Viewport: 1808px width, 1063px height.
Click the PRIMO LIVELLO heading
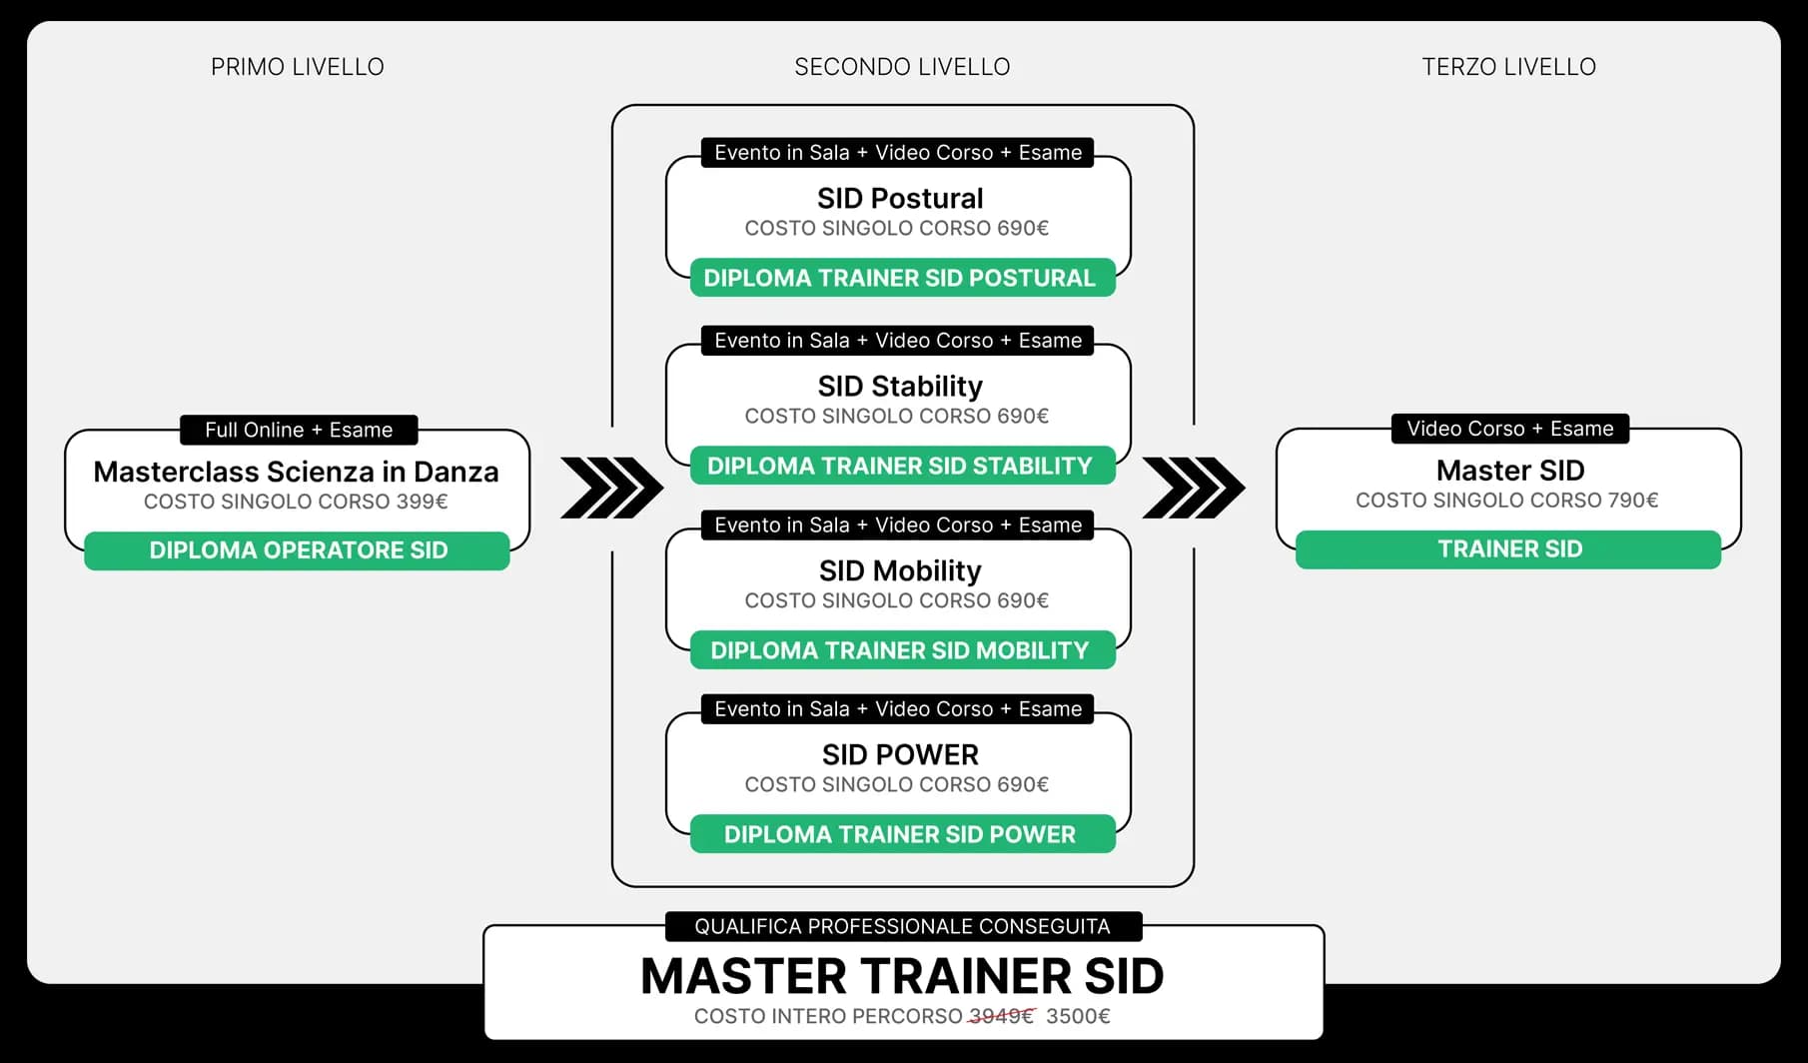click(x=297, y=67)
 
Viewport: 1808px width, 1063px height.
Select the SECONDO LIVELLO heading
click(x=902, y=67)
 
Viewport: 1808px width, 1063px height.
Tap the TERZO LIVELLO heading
click(x=1508, y=67)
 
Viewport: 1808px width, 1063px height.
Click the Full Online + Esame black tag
click(x=299, y=430)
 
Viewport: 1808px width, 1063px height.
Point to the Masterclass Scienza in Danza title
click(x=296, y=472)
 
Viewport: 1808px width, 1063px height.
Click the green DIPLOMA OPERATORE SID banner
click(x=298, y=550)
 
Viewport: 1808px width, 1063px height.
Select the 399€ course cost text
click(x=296, y=502)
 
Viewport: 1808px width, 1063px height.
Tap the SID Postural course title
click(x=900, y=198)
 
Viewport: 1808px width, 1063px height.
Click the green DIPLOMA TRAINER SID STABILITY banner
click(x=900, y=466)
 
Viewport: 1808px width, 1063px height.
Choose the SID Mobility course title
click(x=900, y=570)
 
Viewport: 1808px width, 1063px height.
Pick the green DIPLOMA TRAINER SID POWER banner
click(x=900, y=834)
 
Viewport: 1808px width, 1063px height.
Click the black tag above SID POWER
click(x=898, y=709)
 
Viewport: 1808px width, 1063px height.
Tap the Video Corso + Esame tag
click(x=1509, y=429)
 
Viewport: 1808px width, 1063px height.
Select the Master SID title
click(x=1509, y=470)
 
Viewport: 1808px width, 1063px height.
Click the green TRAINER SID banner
click(x=1508, y=549)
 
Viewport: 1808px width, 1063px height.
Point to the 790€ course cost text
click(x=1506, y=500)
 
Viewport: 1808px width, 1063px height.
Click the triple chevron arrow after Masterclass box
click(x=611, y=488)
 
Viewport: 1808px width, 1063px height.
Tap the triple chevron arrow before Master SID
click(x=1194, y=488)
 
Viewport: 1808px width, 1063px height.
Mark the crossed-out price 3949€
click(x=1001, y=1016)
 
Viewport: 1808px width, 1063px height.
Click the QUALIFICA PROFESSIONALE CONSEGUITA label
click(x=902, y=926)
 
